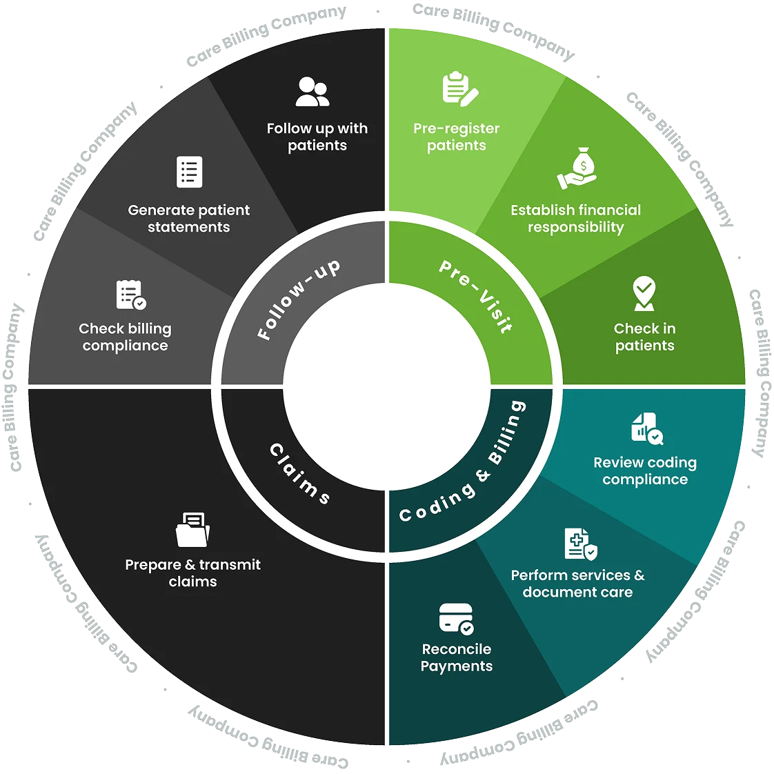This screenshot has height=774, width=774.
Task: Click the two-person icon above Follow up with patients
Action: click(312, 92)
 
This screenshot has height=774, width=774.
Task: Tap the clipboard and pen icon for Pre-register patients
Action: click(459, 88)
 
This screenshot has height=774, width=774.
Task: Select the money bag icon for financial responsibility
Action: click(577, 168)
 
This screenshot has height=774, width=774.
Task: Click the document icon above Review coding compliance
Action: click(646, 428)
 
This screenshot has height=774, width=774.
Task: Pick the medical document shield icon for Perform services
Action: click(580, 544)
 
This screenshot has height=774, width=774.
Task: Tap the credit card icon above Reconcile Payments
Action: click(457, 619)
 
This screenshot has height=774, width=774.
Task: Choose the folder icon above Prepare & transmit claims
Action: click(192, 530)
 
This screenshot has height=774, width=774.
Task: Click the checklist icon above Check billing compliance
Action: click(130, 295)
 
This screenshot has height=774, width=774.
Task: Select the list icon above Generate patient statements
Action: click(190, 172)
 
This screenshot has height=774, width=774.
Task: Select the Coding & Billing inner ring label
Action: click(464, 464)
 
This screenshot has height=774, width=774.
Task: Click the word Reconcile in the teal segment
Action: click(457, 649)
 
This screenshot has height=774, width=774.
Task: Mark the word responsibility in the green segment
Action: click(576, 228)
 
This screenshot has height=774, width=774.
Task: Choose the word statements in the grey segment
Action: click(189, 228)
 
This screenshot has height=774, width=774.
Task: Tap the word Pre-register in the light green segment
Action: click(456, 128)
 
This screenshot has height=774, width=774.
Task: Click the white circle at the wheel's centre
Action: click(386, 386)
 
